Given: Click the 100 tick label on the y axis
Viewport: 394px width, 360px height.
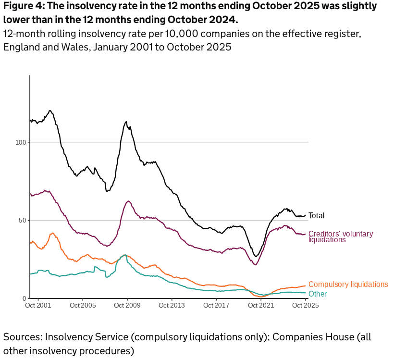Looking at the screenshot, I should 21,142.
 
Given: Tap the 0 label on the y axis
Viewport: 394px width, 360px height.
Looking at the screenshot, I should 25,298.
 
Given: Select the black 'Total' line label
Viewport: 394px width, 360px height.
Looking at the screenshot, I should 316,216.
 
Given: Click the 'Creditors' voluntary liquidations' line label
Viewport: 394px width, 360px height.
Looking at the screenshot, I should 340,236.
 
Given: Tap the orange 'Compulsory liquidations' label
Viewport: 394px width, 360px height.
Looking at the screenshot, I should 348,285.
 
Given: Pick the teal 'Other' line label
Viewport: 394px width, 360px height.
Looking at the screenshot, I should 317,294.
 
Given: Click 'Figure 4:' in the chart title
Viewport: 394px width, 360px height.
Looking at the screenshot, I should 23,7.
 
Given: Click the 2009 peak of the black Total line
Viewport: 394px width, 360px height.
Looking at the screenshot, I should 126,122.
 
